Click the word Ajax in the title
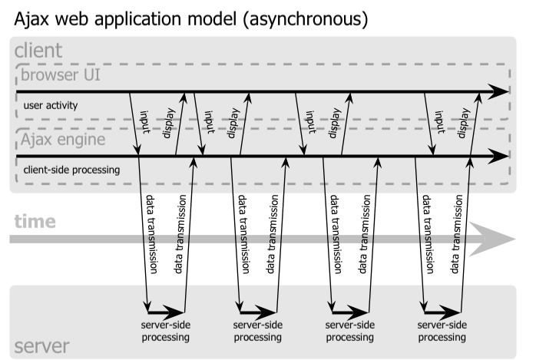(31, 19)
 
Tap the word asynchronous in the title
(306, 20)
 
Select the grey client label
(38, 50)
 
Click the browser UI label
(61, 74)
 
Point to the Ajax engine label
(63, 140)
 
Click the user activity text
(51, 105)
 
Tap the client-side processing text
(71, 170)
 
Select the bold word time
(35, 221)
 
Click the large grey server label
(41, 346)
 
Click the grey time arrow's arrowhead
(492, 239)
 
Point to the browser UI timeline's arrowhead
(498, 91)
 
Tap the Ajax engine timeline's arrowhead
(498, 156)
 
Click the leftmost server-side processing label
(166, 331)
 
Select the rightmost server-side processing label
(442, 331)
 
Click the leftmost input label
(145, 122)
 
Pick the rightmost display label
(464, 123)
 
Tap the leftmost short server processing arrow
(166, 312)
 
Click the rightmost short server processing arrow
(442, 312)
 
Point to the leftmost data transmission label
(151, 234)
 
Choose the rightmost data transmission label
(456, 234)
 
